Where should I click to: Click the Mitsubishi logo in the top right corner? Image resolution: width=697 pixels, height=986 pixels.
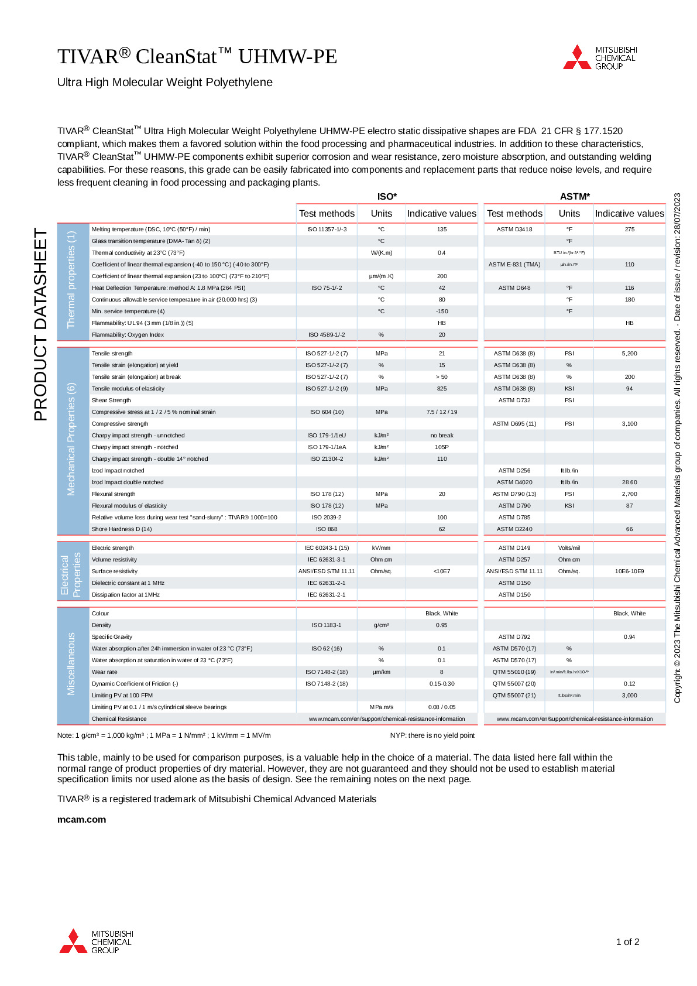coord(599,57)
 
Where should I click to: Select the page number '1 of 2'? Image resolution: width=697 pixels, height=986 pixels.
coord(627,942)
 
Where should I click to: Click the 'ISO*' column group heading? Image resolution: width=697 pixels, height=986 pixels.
coord(387,197)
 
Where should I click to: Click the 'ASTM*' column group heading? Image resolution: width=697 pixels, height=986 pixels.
coord(575,197)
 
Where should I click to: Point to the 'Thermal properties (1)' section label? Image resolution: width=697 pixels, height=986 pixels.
coord(71,280)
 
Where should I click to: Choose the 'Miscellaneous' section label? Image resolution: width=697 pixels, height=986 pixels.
coord(71,664)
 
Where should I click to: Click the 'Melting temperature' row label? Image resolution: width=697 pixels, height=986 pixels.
coord(151,230)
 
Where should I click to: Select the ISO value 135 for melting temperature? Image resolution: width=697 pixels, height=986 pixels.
coord(442,230)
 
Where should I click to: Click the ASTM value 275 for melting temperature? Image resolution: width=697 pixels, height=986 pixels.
coord(629,230)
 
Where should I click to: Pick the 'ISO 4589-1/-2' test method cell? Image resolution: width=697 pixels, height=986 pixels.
coord(327,335)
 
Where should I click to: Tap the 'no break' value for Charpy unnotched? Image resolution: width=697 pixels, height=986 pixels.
coord(442,436)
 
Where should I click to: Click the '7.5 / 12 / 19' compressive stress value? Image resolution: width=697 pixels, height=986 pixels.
coord(442,412)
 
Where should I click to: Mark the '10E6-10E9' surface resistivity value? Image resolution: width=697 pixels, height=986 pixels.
coord(629,571)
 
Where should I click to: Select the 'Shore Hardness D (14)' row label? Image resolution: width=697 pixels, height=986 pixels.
coord(122,529)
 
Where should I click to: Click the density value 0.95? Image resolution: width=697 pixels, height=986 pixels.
coord(442,625)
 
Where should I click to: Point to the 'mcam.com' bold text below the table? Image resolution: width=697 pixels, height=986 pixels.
coord(81,819)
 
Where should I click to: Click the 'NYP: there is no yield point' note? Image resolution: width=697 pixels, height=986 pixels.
coord(432,735)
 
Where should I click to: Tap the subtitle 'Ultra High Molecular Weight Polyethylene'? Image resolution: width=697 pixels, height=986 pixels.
coord(165,83)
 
